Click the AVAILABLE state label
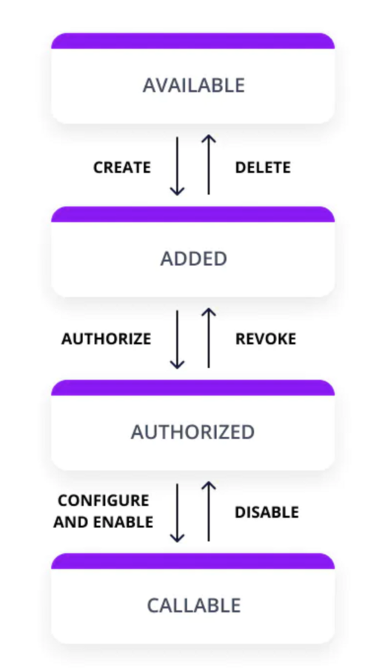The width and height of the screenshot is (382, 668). tap(194, 85)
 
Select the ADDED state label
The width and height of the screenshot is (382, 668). tap(194, 258)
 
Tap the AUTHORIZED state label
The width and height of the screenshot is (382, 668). tap(193, 432)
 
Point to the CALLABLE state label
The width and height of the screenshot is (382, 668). tap(194, 605)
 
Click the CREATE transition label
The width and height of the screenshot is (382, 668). tap(122, 167)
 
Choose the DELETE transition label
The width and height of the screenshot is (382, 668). tap(264, 167)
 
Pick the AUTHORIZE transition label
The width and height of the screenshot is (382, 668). tap(107, 339)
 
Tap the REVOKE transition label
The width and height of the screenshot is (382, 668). tap(266, 339)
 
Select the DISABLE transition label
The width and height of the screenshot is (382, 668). tap(267, 512)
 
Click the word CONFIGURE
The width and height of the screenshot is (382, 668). tap(104, 501)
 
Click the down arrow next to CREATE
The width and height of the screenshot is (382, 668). tap(177, 166)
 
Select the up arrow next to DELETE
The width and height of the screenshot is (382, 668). tap(209, 164)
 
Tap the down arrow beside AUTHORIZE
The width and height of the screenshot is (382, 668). tap(177, 339)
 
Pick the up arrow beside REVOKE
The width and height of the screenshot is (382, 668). tap(209, 338)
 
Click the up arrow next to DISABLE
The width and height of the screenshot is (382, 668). tap(209, 511)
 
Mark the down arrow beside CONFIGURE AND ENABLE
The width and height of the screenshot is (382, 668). tap(177, 513)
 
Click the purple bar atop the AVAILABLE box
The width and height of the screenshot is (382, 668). tap(193, 41)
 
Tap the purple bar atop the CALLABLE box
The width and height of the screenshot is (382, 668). tap(193, 561)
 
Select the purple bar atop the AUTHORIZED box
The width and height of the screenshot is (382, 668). tap(193, 387)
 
